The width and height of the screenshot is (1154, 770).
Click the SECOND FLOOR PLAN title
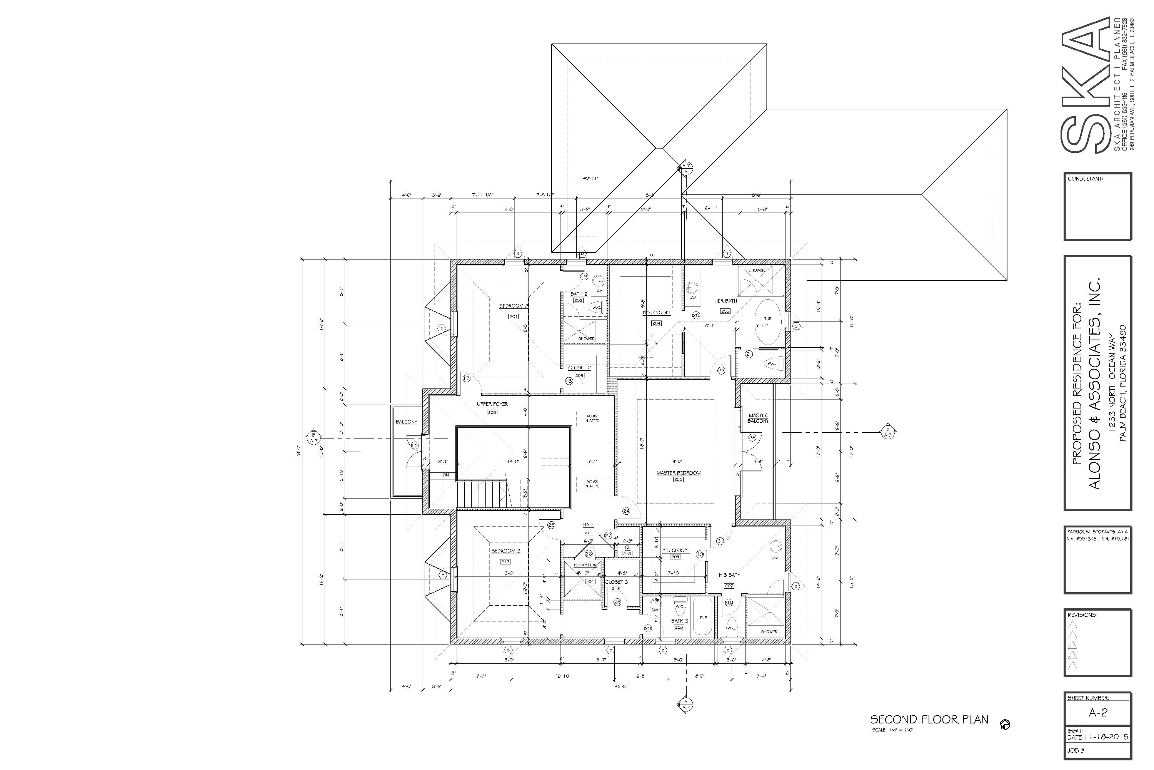coord(929,720)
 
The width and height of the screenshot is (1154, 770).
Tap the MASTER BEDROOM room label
coord(678,473)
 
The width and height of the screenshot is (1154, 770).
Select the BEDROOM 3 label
coord(505,551)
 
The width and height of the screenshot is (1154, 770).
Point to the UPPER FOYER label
coord(492,404)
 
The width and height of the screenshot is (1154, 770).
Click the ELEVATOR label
coord(585,565)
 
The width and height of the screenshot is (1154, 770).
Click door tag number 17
coord(467,378)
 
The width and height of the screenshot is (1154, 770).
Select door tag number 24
coord(626,511)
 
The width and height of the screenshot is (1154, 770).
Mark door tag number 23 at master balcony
coord(752,437)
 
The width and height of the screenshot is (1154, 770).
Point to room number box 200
coord(492,412)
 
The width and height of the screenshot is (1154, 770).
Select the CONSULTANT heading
coord(1085,179)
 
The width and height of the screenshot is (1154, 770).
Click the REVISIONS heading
coord(1082,615)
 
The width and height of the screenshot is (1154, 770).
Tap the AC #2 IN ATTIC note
coord(592,418)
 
